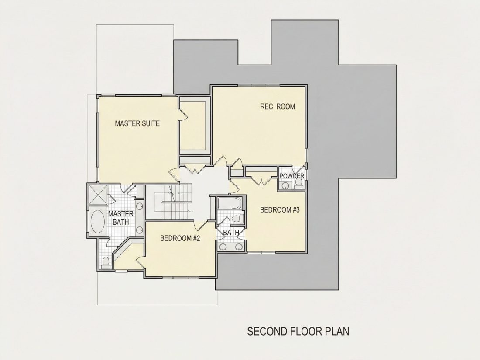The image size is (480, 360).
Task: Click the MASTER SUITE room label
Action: point(137,123)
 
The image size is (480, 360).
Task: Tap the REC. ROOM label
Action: point(278,106)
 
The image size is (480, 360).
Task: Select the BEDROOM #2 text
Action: point(180,238)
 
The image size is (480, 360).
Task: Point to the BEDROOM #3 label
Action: point(280,210)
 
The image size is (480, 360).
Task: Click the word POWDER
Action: point(292,176)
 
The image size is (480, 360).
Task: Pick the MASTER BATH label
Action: point(120,218)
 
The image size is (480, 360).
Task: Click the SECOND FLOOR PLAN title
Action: point(298,331)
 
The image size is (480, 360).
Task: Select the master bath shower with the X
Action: point(98,195)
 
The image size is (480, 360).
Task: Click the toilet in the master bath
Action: point(106,263)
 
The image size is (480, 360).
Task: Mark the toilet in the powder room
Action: point(298,183)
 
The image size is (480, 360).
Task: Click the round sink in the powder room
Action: point(286,185)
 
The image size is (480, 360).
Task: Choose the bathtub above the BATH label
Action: point(230,203)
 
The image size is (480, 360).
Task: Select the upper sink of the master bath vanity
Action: point(140,206)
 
